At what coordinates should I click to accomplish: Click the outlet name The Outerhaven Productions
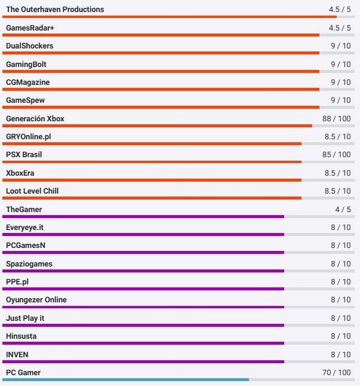55,10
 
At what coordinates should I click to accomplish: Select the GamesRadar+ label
30,28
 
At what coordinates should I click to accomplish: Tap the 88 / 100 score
336,119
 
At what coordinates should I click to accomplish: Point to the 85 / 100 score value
336,155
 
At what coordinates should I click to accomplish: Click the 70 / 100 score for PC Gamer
336,373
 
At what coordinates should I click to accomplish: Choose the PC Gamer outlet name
23,373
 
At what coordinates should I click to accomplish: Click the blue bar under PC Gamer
126,379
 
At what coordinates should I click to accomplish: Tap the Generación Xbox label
35,119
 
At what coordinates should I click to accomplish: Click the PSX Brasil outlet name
24,155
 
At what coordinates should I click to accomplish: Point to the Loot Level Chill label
32,191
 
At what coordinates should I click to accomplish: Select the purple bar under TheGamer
143,216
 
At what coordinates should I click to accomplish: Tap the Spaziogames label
29,264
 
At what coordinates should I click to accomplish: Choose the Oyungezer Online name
37,300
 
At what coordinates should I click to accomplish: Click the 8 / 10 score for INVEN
341,354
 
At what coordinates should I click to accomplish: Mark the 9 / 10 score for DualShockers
341,46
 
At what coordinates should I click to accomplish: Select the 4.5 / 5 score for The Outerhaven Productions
340,10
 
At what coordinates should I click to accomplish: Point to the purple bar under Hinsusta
143,343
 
